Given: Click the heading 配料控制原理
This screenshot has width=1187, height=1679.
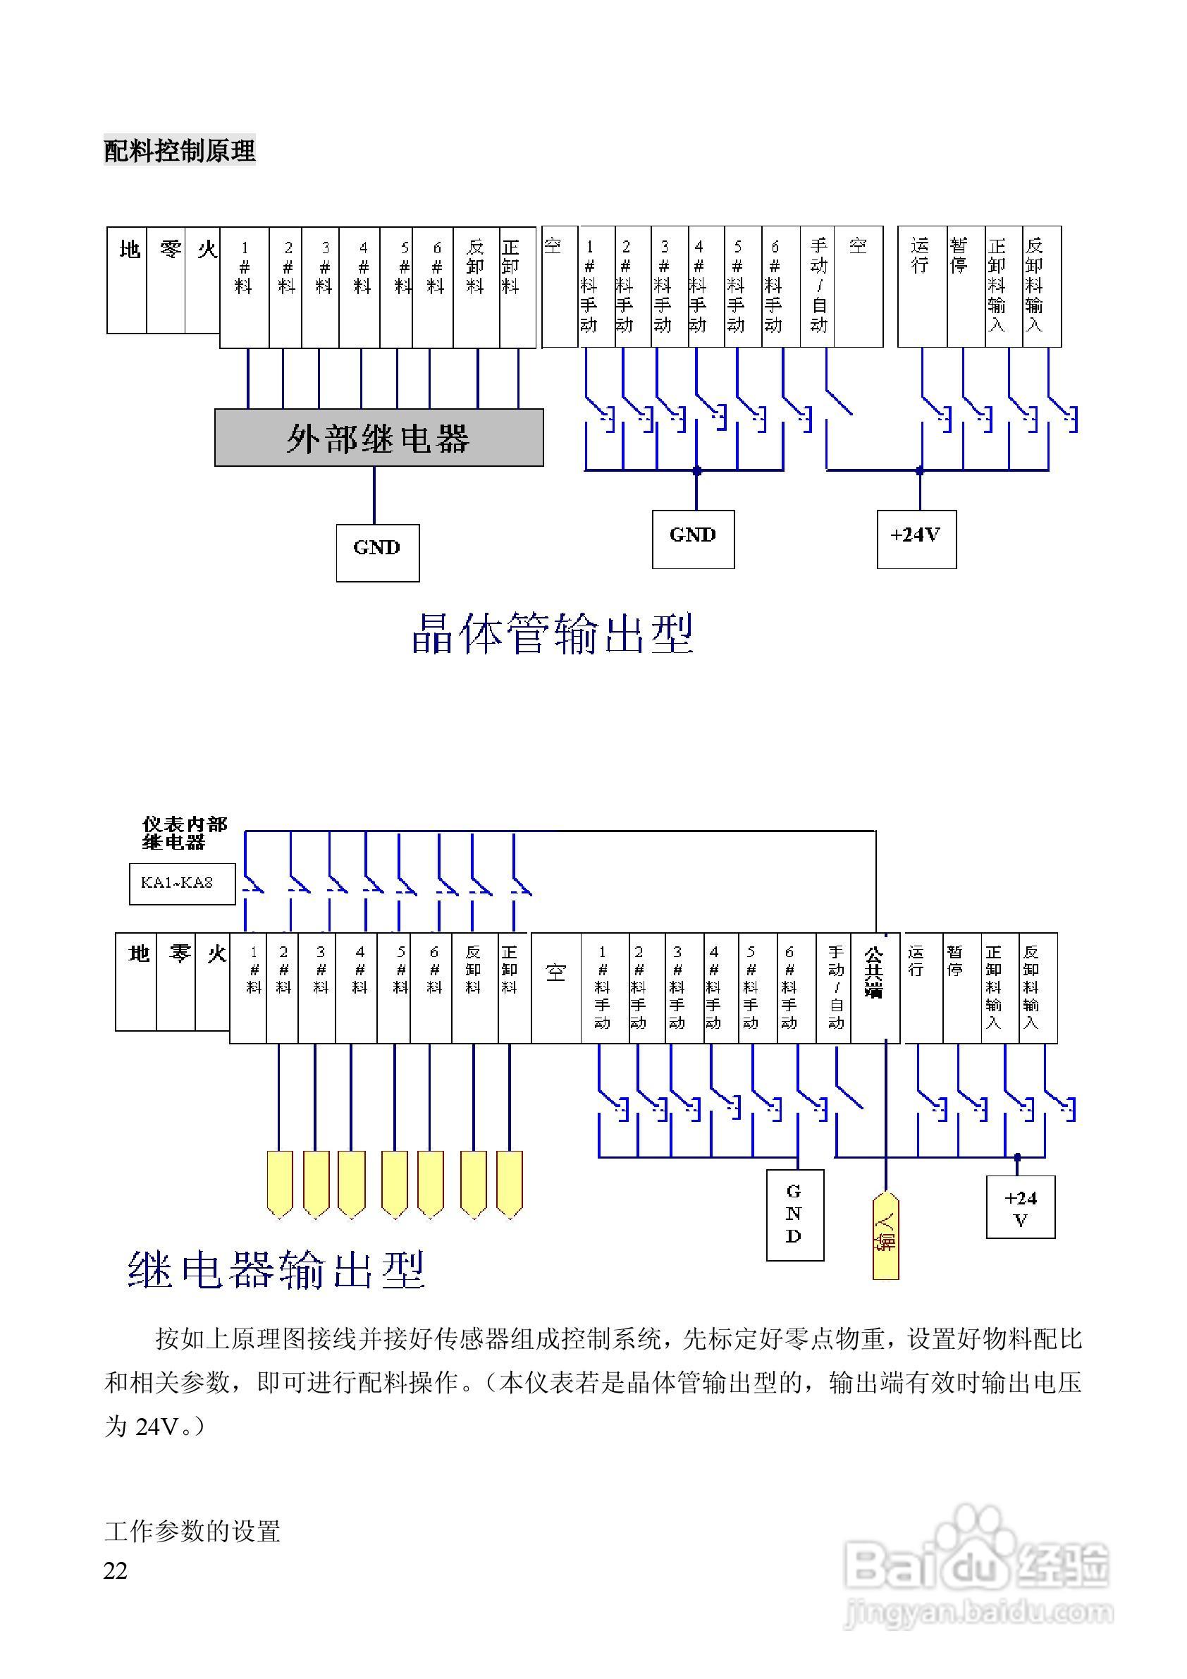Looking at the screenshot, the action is coord(179,151).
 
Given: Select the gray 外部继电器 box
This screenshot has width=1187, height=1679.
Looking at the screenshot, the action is coord(379,437).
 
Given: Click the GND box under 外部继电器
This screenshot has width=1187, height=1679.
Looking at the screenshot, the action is coord(377,553).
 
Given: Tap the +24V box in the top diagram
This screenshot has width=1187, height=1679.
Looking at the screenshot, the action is coord(916,539).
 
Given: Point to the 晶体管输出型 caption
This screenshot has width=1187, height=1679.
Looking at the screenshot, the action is coord(553,633).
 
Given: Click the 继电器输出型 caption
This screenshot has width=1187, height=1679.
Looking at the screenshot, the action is coord(276,1270).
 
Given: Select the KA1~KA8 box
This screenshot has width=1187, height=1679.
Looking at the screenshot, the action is coord(182,884).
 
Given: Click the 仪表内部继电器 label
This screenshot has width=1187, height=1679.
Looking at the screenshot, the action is coord(184,833).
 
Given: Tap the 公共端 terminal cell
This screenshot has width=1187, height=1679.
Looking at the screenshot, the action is coord(874,987).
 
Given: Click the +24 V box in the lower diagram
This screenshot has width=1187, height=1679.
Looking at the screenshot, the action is coord(1021,1207).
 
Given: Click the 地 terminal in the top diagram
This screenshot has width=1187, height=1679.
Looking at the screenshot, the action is coord(129,279).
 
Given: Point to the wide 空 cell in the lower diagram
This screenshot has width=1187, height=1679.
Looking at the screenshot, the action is coord(555,987).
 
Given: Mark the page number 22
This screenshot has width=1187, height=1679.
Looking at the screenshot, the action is coord(116,1572).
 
